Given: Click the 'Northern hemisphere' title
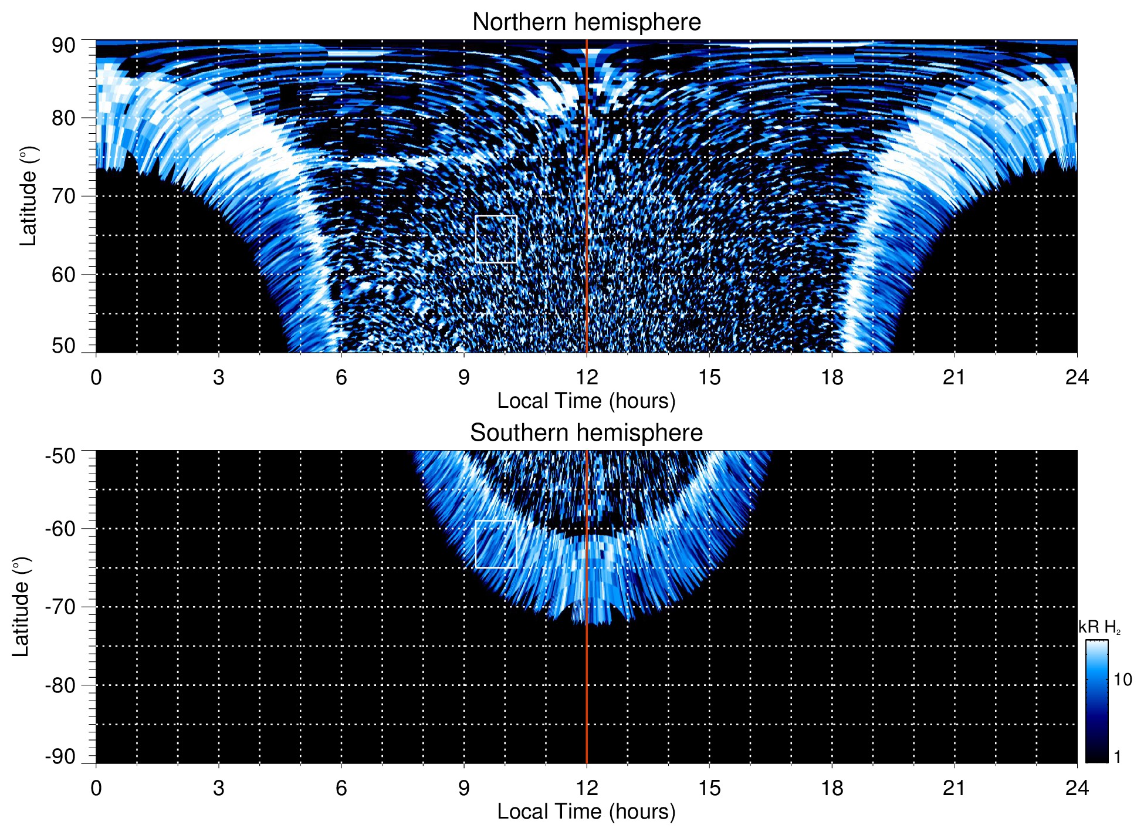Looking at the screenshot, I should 586,22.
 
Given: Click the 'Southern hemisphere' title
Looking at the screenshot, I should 586,433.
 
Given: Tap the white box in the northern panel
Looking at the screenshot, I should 496,239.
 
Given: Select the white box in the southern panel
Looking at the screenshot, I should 496,544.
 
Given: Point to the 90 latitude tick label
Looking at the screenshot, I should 63,46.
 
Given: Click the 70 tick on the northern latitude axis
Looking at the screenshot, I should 63,196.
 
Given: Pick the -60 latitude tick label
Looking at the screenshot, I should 60,529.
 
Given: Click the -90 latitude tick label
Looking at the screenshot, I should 60,757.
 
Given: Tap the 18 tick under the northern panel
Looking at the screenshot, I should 832,377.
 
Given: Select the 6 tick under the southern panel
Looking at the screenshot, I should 341,788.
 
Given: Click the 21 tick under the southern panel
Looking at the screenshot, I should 955,788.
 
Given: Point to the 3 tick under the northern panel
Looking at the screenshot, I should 219,377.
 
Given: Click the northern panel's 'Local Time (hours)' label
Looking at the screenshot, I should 586,401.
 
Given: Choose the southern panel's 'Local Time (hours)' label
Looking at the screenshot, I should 586,812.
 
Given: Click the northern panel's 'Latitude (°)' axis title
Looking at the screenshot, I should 28,196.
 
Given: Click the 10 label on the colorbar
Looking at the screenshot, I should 1122,680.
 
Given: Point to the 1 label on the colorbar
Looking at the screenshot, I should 1117,757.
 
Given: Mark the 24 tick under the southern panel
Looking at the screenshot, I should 1077,788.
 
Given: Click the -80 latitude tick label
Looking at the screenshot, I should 60,685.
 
